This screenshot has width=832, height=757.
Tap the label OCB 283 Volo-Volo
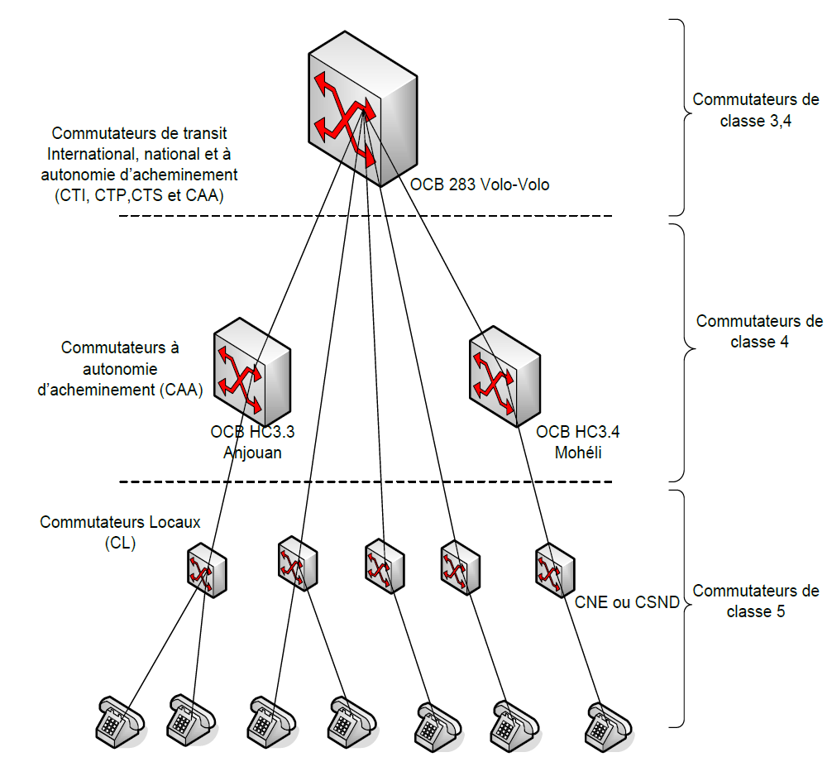(x=480, y=184)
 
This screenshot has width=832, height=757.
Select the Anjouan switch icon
(x=252, y=375)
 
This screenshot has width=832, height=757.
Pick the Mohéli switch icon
(x=504, y=375)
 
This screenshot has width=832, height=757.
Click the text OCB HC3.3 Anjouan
(x=247, y=442)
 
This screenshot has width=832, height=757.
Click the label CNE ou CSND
(x=627, y=602)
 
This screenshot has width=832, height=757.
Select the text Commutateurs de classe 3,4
(x=756, y=109)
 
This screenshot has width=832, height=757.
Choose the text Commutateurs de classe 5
(x=756, y=601)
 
